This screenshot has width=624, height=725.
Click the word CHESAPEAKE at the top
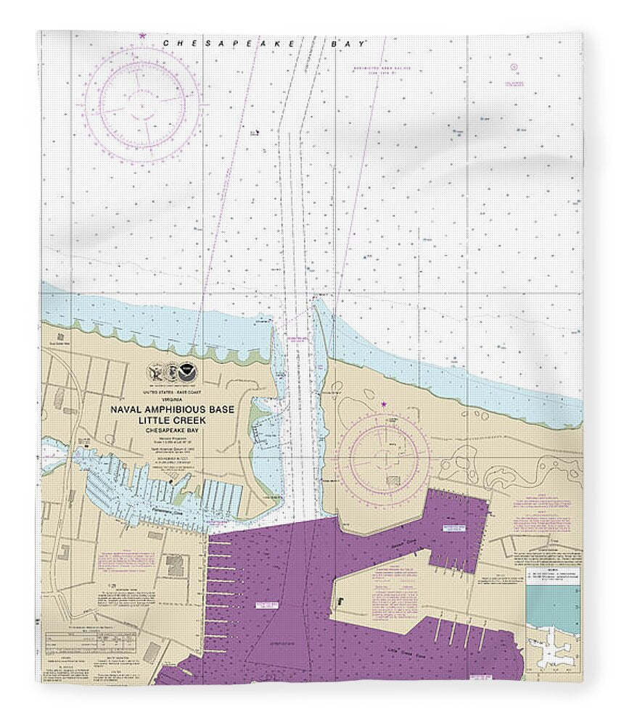(228, 43)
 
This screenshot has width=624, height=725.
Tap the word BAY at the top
(348, 43)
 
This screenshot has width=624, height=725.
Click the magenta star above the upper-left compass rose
(142, 36)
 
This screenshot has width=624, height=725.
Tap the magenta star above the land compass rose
(383, 403)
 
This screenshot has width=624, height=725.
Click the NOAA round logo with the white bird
(189, 373)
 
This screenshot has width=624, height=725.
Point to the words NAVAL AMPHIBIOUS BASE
(172, 410)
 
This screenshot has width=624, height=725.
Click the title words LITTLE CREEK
(172, 420)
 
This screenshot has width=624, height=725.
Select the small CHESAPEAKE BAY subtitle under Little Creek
(172, 430)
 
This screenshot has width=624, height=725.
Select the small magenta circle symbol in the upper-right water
(514, 67)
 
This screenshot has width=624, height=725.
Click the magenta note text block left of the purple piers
(123, 561)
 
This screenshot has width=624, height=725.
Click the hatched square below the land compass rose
(393, 481)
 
